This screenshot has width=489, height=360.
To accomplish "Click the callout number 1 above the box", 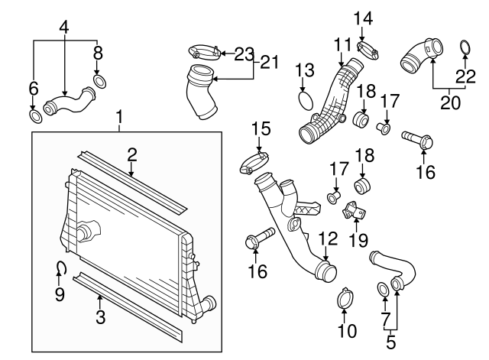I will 119,117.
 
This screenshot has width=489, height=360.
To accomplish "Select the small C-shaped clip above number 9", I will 61,267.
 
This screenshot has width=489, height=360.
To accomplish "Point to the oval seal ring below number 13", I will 305,100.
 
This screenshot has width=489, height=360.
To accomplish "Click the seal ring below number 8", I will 99,81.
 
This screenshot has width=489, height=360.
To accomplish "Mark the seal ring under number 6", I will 34,116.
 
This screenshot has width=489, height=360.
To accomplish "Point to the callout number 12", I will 326,238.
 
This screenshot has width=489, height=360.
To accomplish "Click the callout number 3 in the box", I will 100,317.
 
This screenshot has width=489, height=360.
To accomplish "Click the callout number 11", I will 341,44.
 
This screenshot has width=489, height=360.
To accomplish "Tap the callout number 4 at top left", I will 64,28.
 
